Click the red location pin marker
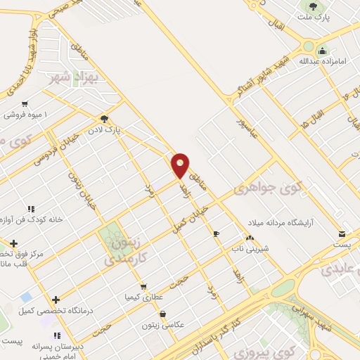[181, 165]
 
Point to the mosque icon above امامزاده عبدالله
[323, 51]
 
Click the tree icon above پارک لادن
[105, 119]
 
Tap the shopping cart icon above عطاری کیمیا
[143, 287]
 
